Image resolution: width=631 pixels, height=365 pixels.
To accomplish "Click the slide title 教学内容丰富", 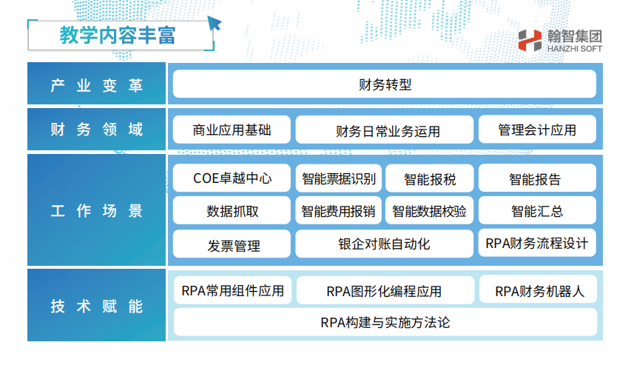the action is point(118,36).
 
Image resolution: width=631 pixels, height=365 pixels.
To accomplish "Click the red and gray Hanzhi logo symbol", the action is point(530,40).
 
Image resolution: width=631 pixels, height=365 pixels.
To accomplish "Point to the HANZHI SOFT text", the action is point(574,49).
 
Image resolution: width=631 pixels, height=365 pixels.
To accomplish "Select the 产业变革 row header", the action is point(97,84).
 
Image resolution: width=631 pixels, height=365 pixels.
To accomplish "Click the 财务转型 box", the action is point(385,84).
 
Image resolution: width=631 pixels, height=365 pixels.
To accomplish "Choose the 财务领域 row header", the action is point(97,129).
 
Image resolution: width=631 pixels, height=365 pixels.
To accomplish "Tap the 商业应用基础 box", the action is point(232,130).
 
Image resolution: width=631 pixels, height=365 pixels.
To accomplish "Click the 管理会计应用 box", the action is point(537,130).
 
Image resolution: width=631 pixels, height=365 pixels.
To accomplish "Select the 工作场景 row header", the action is point(97,210).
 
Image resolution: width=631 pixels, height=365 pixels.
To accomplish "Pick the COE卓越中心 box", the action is point(232,178).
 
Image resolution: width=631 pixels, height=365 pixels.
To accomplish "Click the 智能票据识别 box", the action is point(339,178).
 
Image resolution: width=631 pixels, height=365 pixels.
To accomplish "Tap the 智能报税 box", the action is point(429,178).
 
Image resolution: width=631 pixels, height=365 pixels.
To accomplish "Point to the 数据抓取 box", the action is point(232,210).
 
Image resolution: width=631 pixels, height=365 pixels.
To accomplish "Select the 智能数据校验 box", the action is point(429,210).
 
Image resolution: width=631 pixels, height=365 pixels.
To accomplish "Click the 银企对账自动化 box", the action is point(385,244).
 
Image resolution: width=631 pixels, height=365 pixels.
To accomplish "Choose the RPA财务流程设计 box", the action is point(537,243).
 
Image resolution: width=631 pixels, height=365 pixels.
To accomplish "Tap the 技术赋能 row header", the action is point(97,305).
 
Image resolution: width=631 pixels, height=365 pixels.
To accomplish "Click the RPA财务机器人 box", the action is point(539,290).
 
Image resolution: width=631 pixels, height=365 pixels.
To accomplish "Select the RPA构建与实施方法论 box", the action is point(385,322).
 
